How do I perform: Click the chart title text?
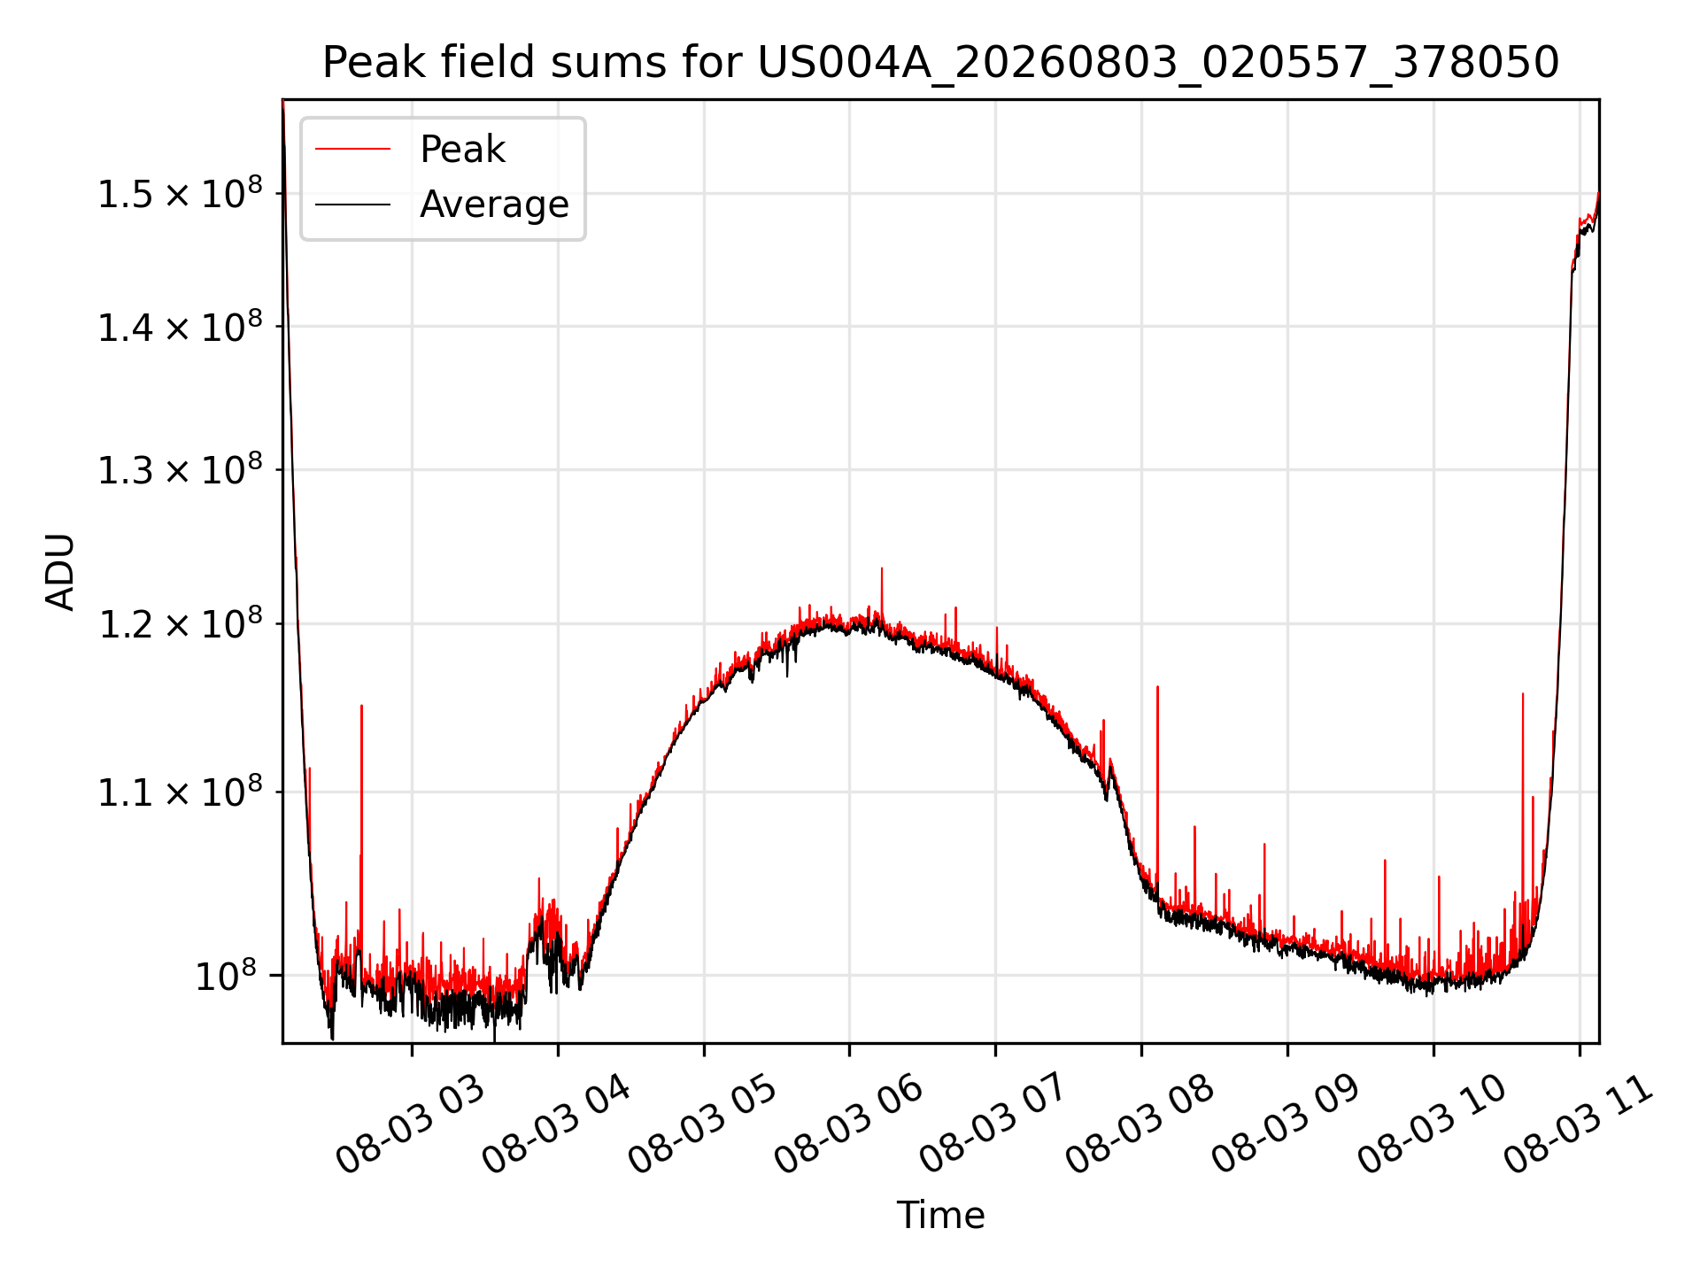(940, 63)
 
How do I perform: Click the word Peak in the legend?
(462, 150)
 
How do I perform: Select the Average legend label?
(494, 205)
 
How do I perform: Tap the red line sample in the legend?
(352, 149)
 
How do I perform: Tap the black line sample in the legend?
(352, 205)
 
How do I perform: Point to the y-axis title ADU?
(60, 571)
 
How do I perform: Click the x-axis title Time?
(940, 1215)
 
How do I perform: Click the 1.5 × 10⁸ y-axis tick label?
(180, 193)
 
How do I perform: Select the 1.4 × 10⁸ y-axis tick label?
(180, 327)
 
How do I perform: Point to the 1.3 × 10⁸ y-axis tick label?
(180, 469)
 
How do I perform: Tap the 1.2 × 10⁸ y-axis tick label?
(180, 623)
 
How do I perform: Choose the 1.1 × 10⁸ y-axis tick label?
(180, 792)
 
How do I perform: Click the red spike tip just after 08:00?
(1157, 686)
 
